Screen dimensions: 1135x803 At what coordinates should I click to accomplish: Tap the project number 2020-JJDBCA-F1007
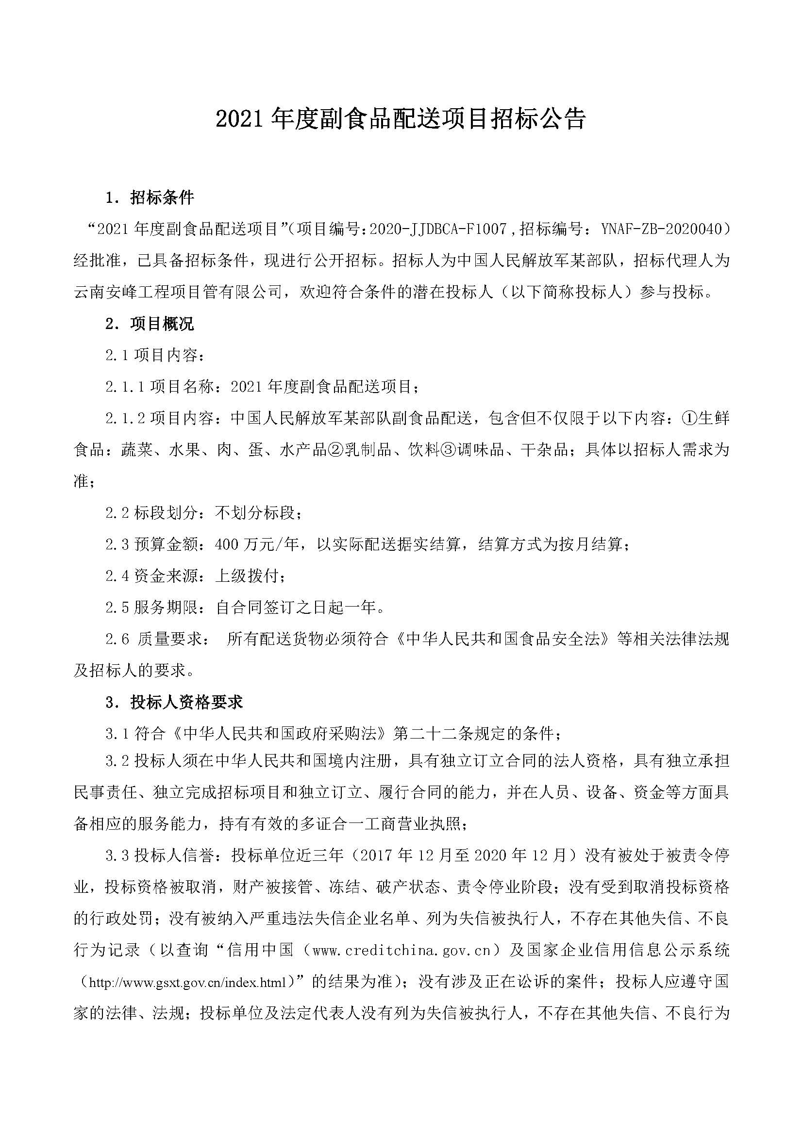[438, 229]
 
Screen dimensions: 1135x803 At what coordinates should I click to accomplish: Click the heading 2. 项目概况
[150, 324]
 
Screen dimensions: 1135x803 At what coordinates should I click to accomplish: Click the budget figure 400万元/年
[257, 545]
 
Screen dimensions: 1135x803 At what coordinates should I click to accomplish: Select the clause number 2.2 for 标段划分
[117, 513]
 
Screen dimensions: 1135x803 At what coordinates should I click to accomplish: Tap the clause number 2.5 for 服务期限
[117, 608]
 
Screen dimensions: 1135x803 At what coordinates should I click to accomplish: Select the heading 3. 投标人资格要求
[174, 703]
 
